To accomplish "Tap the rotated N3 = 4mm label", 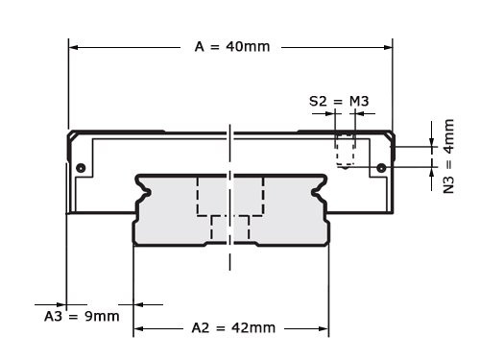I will pos(448,156).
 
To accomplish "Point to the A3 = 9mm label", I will pos(83,316).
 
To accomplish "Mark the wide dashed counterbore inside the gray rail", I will pos(230,196).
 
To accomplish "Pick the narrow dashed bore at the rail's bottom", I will pos(230,228).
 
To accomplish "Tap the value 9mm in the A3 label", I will pos(101,316).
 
